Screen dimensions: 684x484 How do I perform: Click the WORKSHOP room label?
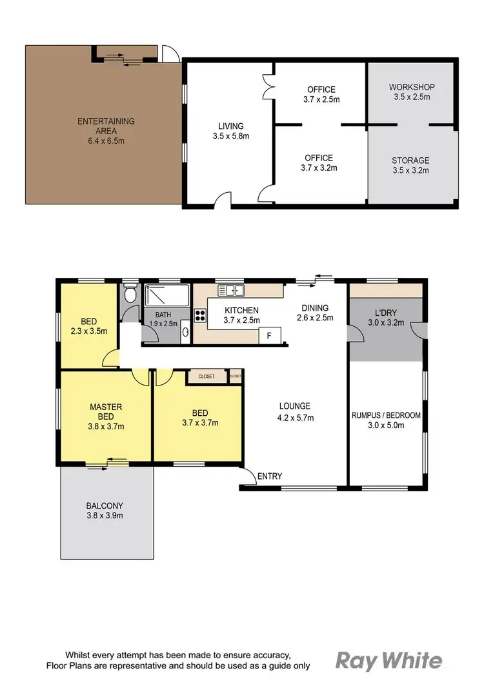tap(412, 92)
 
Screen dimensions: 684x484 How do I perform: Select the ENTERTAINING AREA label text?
tap(106, 126)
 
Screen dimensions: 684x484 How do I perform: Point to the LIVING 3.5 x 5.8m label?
tap(230, 131)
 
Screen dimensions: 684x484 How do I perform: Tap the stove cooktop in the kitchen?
tap(200, 316)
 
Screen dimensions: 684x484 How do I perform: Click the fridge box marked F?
tap(269, 335)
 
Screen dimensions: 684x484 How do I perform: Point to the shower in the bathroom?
tap(166, 296)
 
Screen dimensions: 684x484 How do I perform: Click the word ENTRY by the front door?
tap(269, 476)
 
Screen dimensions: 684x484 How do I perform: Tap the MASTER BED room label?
tap(106, 416)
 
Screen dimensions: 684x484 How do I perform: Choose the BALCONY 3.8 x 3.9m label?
tap(105, 511)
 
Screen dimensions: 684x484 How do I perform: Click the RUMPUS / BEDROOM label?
tap(385, 420)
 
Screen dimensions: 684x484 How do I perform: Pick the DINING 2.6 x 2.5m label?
tap(314, 313)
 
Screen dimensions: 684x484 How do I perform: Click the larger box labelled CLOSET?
tap(207, 376)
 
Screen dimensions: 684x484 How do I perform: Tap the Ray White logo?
tap(388, 661)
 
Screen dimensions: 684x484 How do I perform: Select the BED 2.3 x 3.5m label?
tap(89, 326)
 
